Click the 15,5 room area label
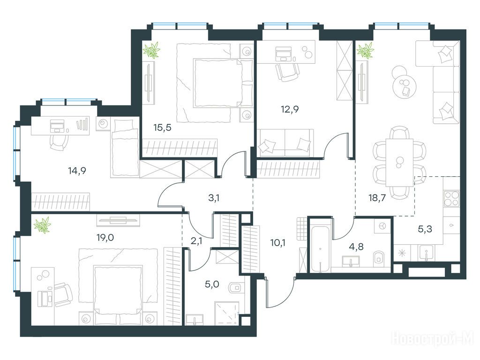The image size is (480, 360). tap(162, 127)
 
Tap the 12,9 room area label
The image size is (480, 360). tap(290, 109)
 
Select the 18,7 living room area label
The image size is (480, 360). tap(377, 198)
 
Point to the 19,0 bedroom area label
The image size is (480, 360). tap(105, 237)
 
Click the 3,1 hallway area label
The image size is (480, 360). tap(214, 198)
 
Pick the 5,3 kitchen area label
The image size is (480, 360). tap(425, 229)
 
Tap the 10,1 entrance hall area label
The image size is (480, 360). tap(278, 243)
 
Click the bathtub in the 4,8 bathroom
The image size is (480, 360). tap(320, 249)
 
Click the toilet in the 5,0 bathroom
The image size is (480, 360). tap(235, 287)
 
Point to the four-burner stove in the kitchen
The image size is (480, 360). tap(451, 199)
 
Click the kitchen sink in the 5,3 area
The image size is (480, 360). tap(426, 253)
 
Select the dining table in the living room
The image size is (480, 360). tap(399, 162)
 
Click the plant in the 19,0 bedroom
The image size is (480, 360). tap(42, 225)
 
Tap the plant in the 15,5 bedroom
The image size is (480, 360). tap(152, 50)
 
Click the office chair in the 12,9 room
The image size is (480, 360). tap(287, 72)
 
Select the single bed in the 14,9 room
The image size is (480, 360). tap(125, 148)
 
